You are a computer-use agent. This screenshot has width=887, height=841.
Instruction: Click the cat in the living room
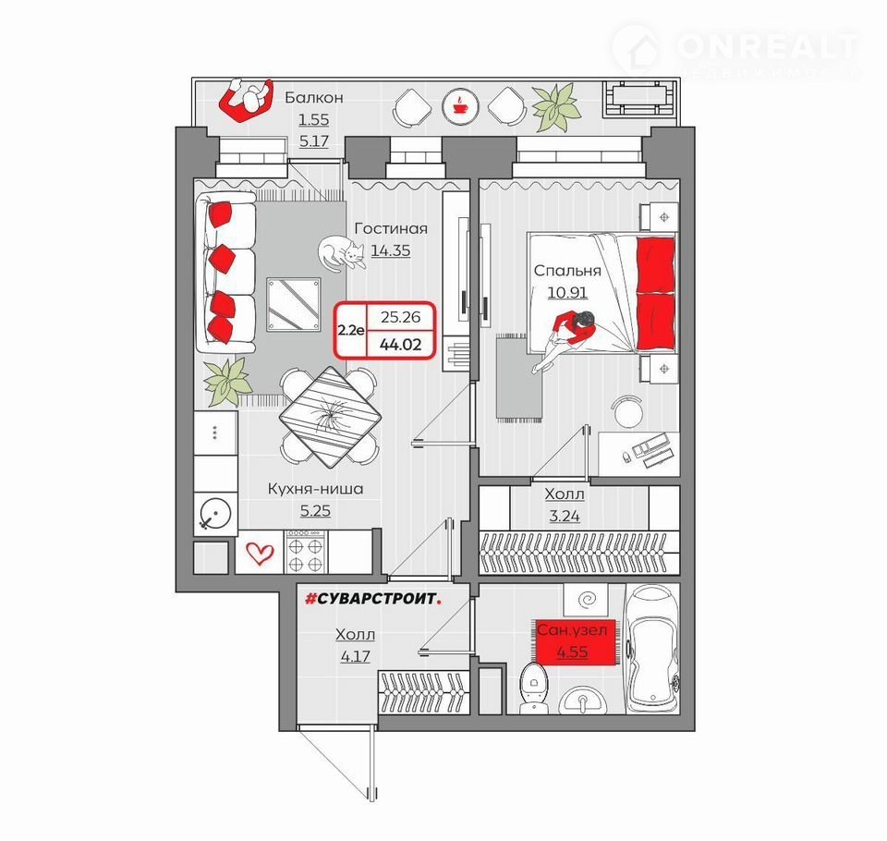pyautogui.click(x=341, y=252)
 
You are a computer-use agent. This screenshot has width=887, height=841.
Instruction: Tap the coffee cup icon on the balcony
pyautogui.click(x=460, y=105)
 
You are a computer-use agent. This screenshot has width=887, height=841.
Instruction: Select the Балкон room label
pyautogui.click(x=314, y=97)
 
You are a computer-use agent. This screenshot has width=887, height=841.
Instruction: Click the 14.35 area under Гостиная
pyautogui.click(x=390, y=250)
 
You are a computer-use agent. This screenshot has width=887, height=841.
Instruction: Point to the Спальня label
pyautogui.click(x=567, y=271)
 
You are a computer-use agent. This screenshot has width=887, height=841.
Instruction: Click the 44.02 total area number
pyautogui.click(x=400, y=344)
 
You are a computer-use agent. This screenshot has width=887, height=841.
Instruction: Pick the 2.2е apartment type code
pyautogui.click(x=351, y=330)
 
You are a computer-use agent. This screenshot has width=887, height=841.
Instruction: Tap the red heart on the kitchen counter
pyautogui.click(x=261, y=553)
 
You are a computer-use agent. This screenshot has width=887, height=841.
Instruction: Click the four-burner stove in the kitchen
pyautogui.click(x=306, y=552)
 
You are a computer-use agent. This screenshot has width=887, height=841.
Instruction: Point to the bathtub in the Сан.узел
pyautogui.click(x=652, y=649)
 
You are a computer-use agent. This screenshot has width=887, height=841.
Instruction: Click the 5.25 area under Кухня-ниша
pyautogui.click(x=315, y=510)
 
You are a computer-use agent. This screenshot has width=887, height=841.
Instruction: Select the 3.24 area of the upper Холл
pyautogui.click(x=565, y=516)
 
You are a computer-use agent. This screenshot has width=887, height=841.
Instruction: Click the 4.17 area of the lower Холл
pyautogui.click(x=355, y=656)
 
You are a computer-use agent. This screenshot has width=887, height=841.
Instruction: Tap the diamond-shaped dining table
pyautogui.click(x=330, y=417)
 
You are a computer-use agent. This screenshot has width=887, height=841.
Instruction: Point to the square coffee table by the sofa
pyautogui.click(x=294, y=304)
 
